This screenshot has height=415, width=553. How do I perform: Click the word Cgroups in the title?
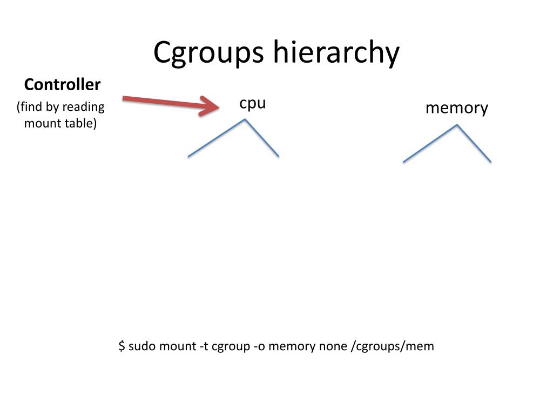point(208,53)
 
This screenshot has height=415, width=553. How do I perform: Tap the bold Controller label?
point(62,85)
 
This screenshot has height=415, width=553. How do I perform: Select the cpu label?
point(253,103)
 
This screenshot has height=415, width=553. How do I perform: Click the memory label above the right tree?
point(456,108)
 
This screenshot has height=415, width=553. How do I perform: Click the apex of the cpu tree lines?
point(245,119)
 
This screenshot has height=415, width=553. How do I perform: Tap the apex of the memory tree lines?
point(457,125)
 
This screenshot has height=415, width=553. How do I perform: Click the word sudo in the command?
point(143,346)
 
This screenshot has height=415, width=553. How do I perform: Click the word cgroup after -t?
point(231,346)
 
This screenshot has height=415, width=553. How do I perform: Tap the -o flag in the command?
point(259,346)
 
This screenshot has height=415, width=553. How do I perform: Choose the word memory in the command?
point(292,346)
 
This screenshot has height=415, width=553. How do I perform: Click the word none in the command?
point(333,346)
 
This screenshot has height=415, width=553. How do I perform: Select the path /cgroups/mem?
point(392,346)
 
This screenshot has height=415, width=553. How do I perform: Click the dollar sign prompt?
point(122,346)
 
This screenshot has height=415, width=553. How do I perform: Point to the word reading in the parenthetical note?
point(83,107)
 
